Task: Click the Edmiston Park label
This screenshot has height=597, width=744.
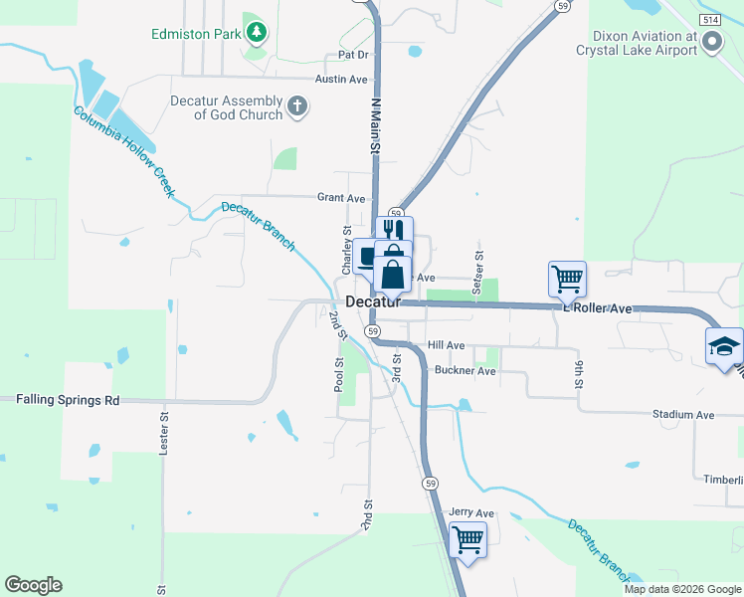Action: click(x=196, y=34)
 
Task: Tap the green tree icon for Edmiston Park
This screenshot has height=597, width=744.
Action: click(x=257, y=33)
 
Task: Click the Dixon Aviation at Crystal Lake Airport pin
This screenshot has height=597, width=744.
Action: click(x=711, y=42)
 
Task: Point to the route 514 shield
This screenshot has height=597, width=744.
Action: click(x=709, y=19)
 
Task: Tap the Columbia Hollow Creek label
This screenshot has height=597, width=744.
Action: click(x=124, y=150)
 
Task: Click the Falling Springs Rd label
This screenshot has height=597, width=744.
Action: click(x=68, y=400)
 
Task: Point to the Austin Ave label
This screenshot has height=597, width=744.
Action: click(x=341, y=79)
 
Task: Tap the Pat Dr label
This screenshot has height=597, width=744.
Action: click(x=353, y=55)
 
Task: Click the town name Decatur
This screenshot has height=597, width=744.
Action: click(x=372, y=301)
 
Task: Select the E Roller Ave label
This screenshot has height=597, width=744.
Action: click(x=597, y=309)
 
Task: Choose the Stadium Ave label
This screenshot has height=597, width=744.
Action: click(x=683, y=414)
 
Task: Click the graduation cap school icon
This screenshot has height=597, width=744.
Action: click(x=724, y=346)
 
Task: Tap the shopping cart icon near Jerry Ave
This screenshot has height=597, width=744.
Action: click(x=467, y=540)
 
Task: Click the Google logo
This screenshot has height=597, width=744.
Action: click(x=33, y=585)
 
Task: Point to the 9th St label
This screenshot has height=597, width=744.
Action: click(x=577, y=373)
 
